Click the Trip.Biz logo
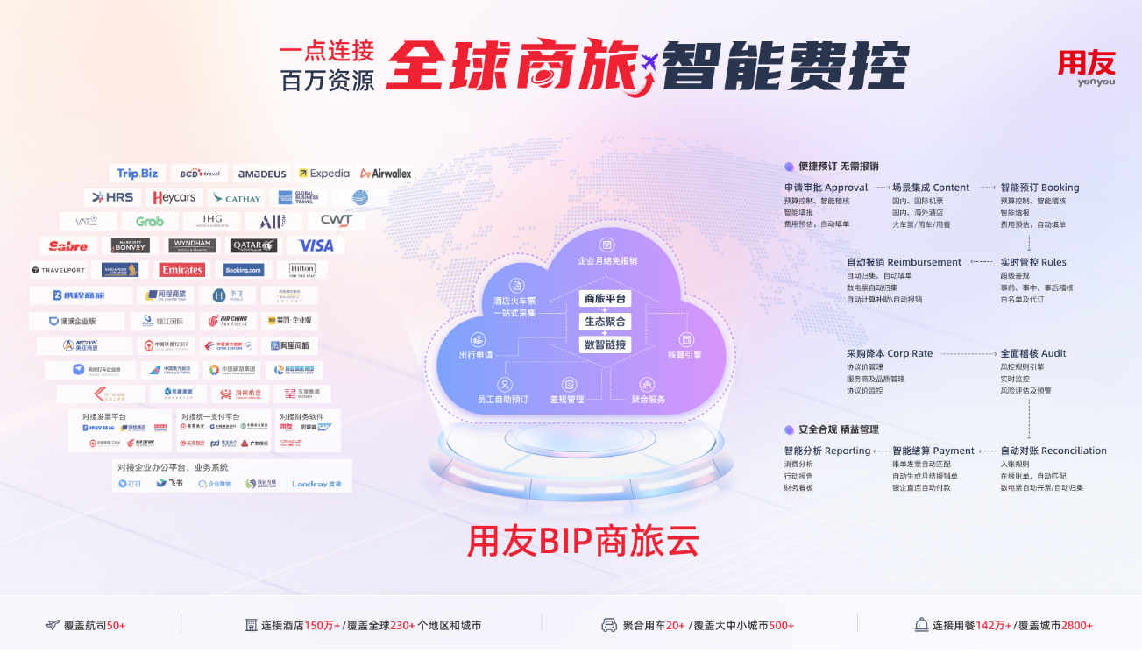138,174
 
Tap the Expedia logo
323,174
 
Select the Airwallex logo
386,174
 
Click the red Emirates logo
182,270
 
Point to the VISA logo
316,245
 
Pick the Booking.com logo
244,270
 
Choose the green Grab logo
150,221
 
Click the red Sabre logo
68,245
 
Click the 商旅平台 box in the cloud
606,299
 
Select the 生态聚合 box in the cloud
606,322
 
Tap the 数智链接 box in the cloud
606,344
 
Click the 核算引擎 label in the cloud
684,355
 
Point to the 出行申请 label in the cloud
476,355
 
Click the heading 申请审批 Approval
826,188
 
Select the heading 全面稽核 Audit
1033,353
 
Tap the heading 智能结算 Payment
933,451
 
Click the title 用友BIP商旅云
584,541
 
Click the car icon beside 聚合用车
608,625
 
